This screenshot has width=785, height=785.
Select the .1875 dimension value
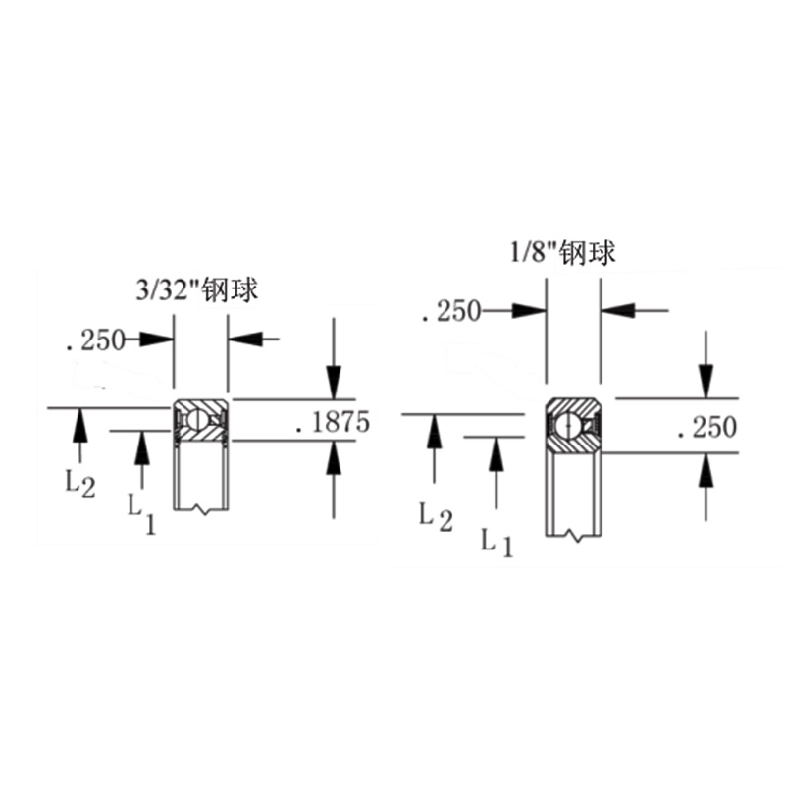tap(332, 423)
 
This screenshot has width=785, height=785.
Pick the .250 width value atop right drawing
tap(449, 312)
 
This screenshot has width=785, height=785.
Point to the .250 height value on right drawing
tap(706, 428)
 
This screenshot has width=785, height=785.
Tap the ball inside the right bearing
tap(566, 425)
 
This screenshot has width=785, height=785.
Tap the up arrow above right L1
tap(497, 454)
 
